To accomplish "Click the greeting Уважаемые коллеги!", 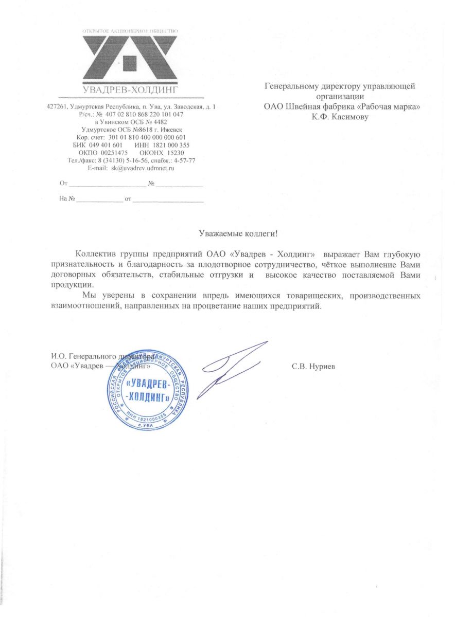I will click(x=238, y=233).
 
